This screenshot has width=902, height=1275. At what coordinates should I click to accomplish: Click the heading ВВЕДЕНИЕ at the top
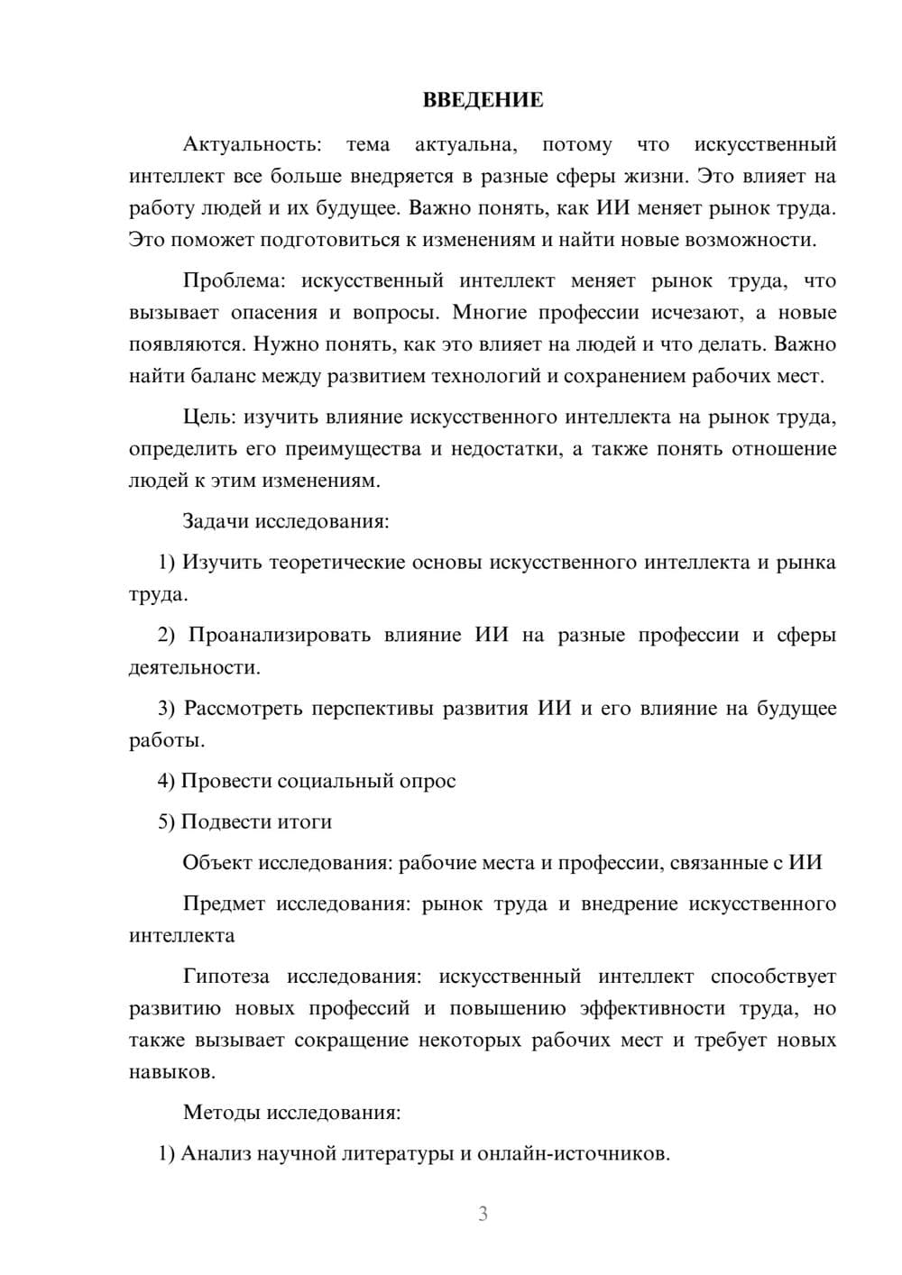(x=483, y=100)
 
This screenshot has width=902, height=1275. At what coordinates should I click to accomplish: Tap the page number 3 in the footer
(x=483, y=1214)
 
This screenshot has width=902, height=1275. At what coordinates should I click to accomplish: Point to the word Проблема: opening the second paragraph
(x=234, y=280)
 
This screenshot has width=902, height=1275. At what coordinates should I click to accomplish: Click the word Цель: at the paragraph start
(x=210, y=417)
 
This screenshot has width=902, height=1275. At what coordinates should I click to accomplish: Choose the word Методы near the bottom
(x=221, y=1113)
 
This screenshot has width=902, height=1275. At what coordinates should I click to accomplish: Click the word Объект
(x=217, y=863)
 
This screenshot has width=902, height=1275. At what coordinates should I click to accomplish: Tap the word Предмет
(x=224, y=904)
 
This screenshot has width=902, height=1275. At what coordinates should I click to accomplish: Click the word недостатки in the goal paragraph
(x=504, y=449)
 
